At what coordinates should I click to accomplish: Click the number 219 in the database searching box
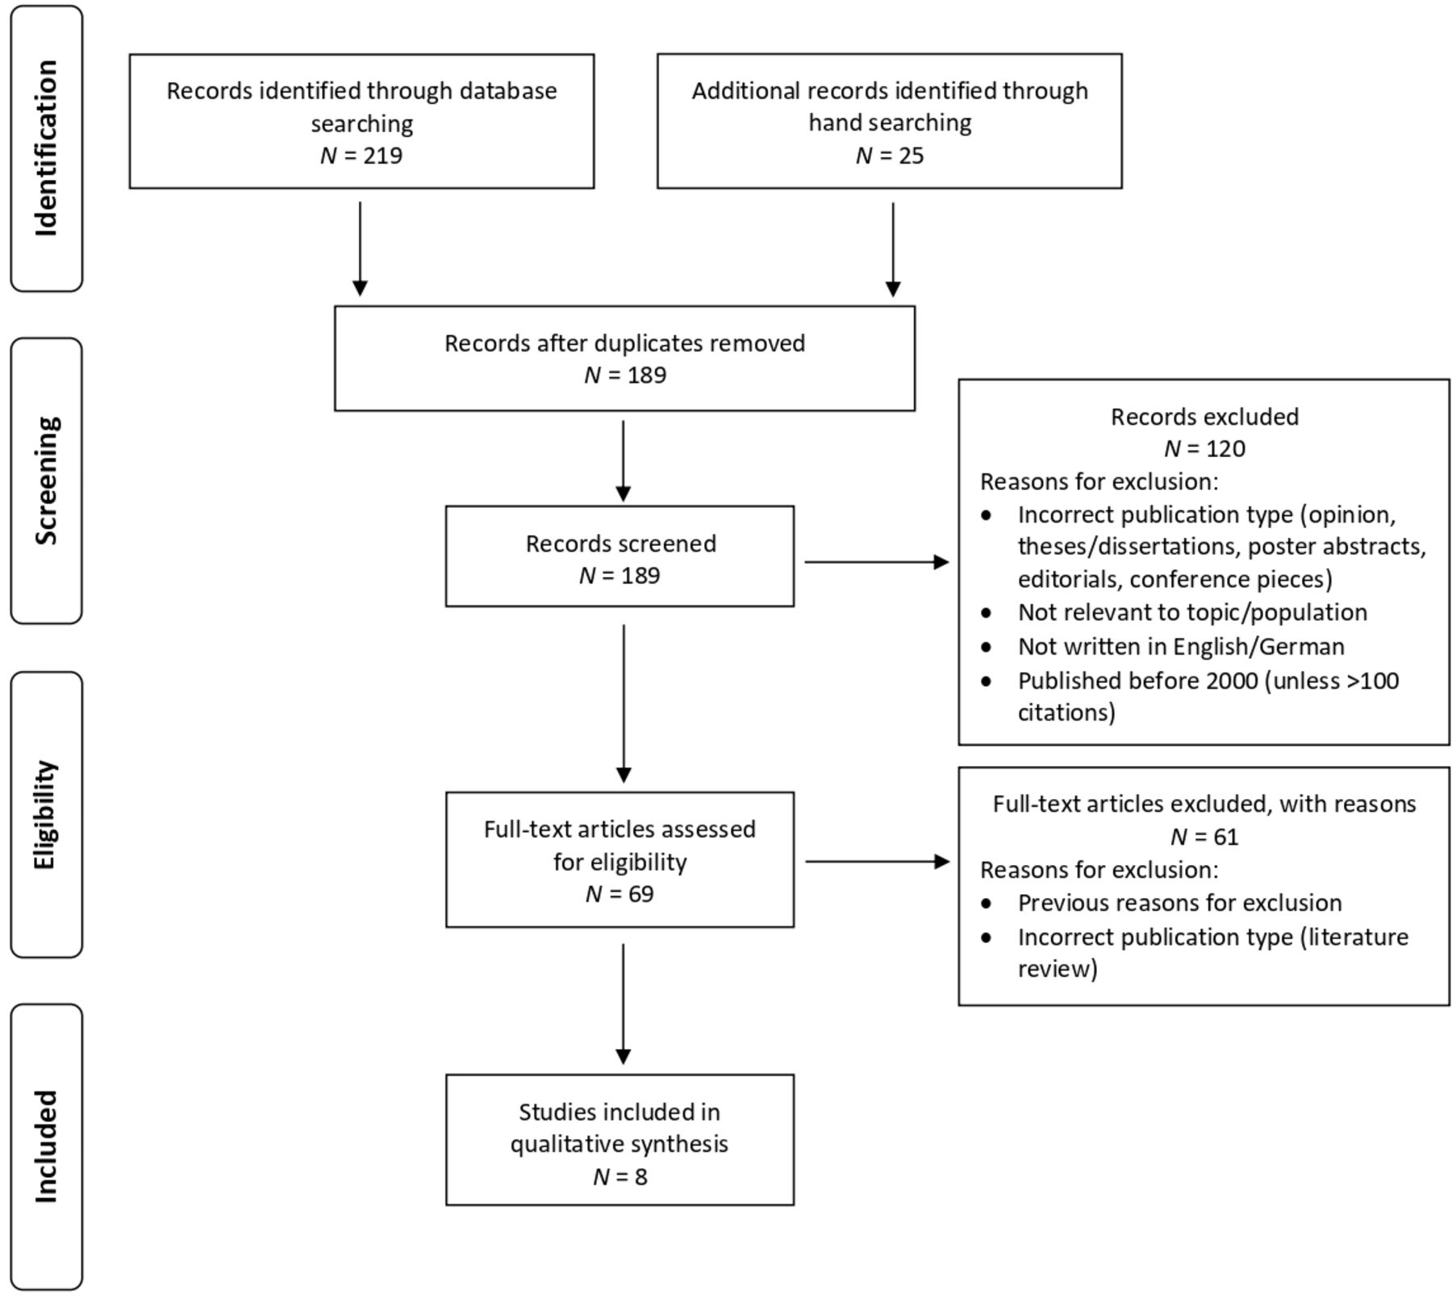click(x=382, y=156)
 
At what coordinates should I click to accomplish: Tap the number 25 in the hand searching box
click(x=911, y=156)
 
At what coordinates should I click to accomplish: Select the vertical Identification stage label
click(x=47, y=148)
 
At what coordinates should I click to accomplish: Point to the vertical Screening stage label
click(x=47, y=481)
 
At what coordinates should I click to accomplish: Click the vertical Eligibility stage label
click(x=46, y=814)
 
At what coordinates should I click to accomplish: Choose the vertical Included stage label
click(x=47, y=1146)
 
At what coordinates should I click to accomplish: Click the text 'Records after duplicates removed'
click(x=625, y=343)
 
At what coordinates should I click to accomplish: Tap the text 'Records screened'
click(x=621, y=543)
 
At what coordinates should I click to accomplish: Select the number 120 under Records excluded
click(x=1225, y=449)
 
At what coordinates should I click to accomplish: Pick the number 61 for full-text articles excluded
click(x=1225, y=837)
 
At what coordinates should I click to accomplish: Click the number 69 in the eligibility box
click(x=640, y=894)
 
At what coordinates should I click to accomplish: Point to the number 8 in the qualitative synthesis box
click(x=641, y=1177)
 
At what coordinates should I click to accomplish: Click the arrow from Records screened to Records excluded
click(x=877, y=562)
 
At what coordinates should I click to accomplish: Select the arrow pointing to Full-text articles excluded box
click(x=878, y=862)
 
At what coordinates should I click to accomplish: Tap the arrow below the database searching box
click(x=361, y=249)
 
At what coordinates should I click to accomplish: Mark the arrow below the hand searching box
click(x=893, y=249)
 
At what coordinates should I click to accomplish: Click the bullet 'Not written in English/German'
click(x=1181, y=647)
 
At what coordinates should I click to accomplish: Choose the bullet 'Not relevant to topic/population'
click(x=1192, y=613)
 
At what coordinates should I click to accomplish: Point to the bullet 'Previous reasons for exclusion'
click(x=1179, y=903)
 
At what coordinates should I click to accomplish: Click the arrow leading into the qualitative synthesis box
click(x=624, y=1005)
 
